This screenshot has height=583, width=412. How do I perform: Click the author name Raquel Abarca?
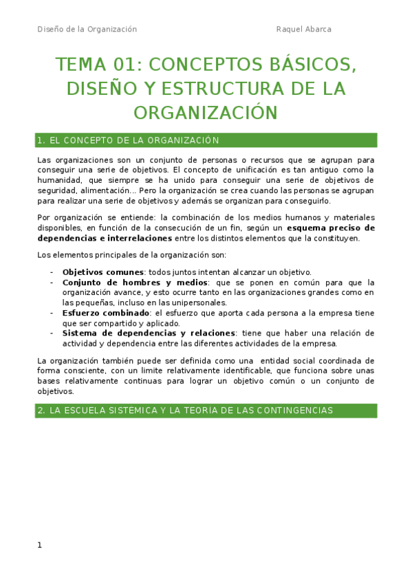tap(303, 29)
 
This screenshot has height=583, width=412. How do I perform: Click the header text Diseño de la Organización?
tap(87, 29)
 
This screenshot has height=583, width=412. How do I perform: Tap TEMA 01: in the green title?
tap(98, 65)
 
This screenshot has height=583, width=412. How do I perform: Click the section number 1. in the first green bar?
tap(41, 140)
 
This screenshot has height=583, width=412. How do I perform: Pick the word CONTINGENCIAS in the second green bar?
tap(295, 410)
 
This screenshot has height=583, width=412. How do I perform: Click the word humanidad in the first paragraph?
tap(59, 180)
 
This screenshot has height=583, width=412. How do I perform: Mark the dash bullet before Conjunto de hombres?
tap(52, 282)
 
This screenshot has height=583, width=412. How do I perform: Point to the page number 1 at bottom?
tap(40, 545)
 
